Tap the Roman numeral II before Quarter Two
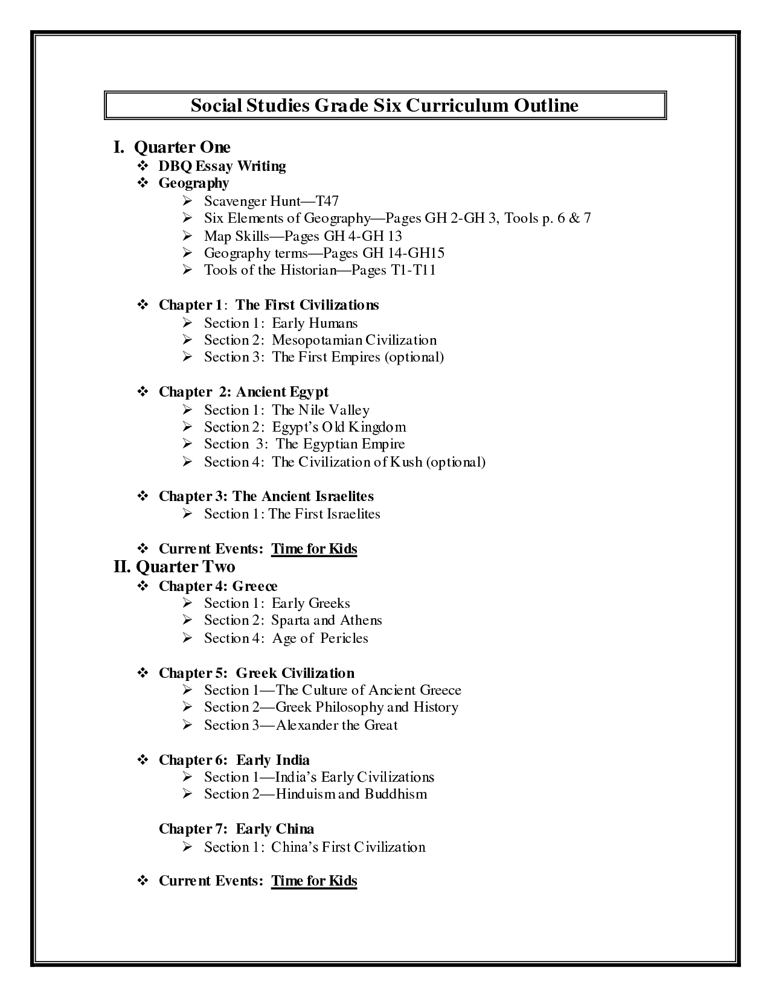122,567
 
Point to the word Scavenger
234,201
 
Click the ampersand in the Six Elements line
572,218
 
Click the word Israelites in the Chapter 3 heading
344,496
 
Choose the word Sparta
290,621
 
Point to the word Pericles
344,639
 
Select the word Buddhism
396,794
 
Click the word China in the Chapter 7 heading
295,829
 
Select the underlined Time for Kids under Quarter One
314,549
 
